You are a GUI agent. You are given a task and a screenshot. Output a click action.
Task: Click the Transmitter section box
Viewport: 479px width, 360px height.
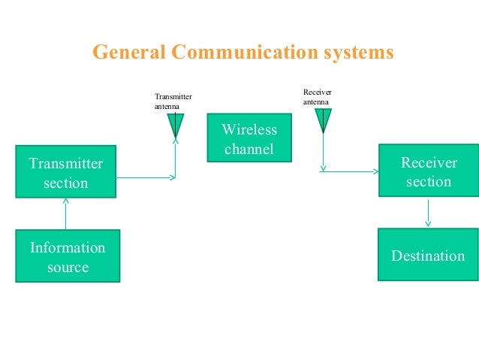click(66, 172)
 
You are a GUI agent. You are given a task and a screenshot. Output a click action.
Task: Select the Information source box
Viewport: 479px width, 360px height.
click(68, 256)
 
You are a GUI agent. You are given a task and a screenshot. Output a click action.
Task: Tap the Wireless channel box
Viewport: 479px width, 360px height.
click(249, 138)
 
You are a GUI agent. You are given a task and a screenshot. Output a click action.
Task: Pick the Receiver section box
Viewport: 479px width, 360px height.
click(428, 171)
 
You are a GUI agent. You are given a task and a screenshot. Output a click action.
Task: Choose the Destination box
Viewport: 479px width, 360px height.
click(428, 256)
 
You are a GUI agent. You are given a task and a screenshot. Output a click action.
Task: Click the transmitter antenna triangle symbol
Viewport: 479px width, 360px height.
click(176, 124)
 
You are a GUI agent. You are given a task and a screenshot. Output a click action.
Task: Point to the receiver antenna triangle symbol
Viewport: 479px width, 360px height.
click(323, 119)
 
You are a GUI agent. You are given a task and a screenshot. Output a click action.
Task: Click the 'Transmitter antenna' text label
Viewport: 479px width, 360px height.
click(173, 101)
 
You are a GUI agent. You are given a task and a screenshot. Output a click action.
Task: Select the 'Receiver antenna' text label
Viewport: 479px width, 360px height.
click(317, 96)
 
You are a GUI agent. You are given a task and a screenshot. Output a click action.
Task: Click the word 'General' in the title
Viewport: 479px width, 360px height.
click(128, 53)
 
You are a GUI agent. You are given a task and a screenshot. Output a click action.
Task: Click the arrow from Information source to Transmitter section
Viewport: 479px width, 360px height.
click(66, 214)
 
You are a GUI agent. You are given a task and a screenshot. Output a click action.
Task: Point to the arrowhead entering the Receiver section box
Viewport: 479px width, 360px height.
click(375, 171)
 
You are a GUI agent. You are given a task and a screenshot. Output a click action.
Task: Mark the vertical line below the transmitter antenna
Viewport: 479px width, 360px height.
click(176, 158)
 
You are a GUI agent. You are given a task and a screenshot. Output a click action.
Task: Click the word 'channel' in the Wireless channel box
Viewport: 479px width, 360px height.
click(249, 149)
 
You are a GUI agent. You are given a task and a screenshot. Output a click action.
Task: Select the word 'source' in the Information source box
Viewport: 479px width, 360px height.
click(68, 267)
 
